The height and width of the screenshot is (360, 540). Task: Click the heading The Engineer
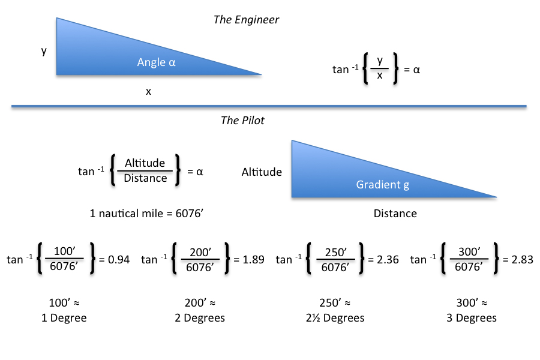coord(246,20)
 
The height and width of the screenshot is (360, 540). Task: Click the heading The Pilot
coord(242,121)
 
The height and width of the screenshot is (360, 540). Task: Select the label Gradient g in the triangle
coord(383,185)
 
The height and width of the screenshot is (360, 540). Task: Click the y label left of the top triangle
coord(44,51)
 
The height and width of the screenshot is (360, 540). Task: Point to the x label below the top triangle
coord(148,92)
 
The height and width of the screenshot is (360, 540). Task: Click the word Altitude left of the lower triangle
coord(262,172)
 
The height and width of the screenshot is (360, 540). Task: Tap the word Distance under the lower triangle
coord(395,214)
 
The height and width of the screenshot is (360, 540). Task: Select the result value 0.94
coord(118,260)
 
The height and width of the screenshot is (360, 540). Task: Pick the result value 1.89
coord(253,260)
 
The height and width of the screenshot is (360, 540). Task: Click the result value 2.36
coord(387,260)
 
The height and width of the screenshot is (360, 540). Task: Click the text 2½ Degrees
coord(334,318)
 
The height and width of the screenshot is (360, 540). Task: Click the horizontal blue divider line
coord(269,107)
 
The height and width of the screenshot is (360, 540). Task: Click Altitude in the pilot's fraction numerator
coord(145,164)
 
